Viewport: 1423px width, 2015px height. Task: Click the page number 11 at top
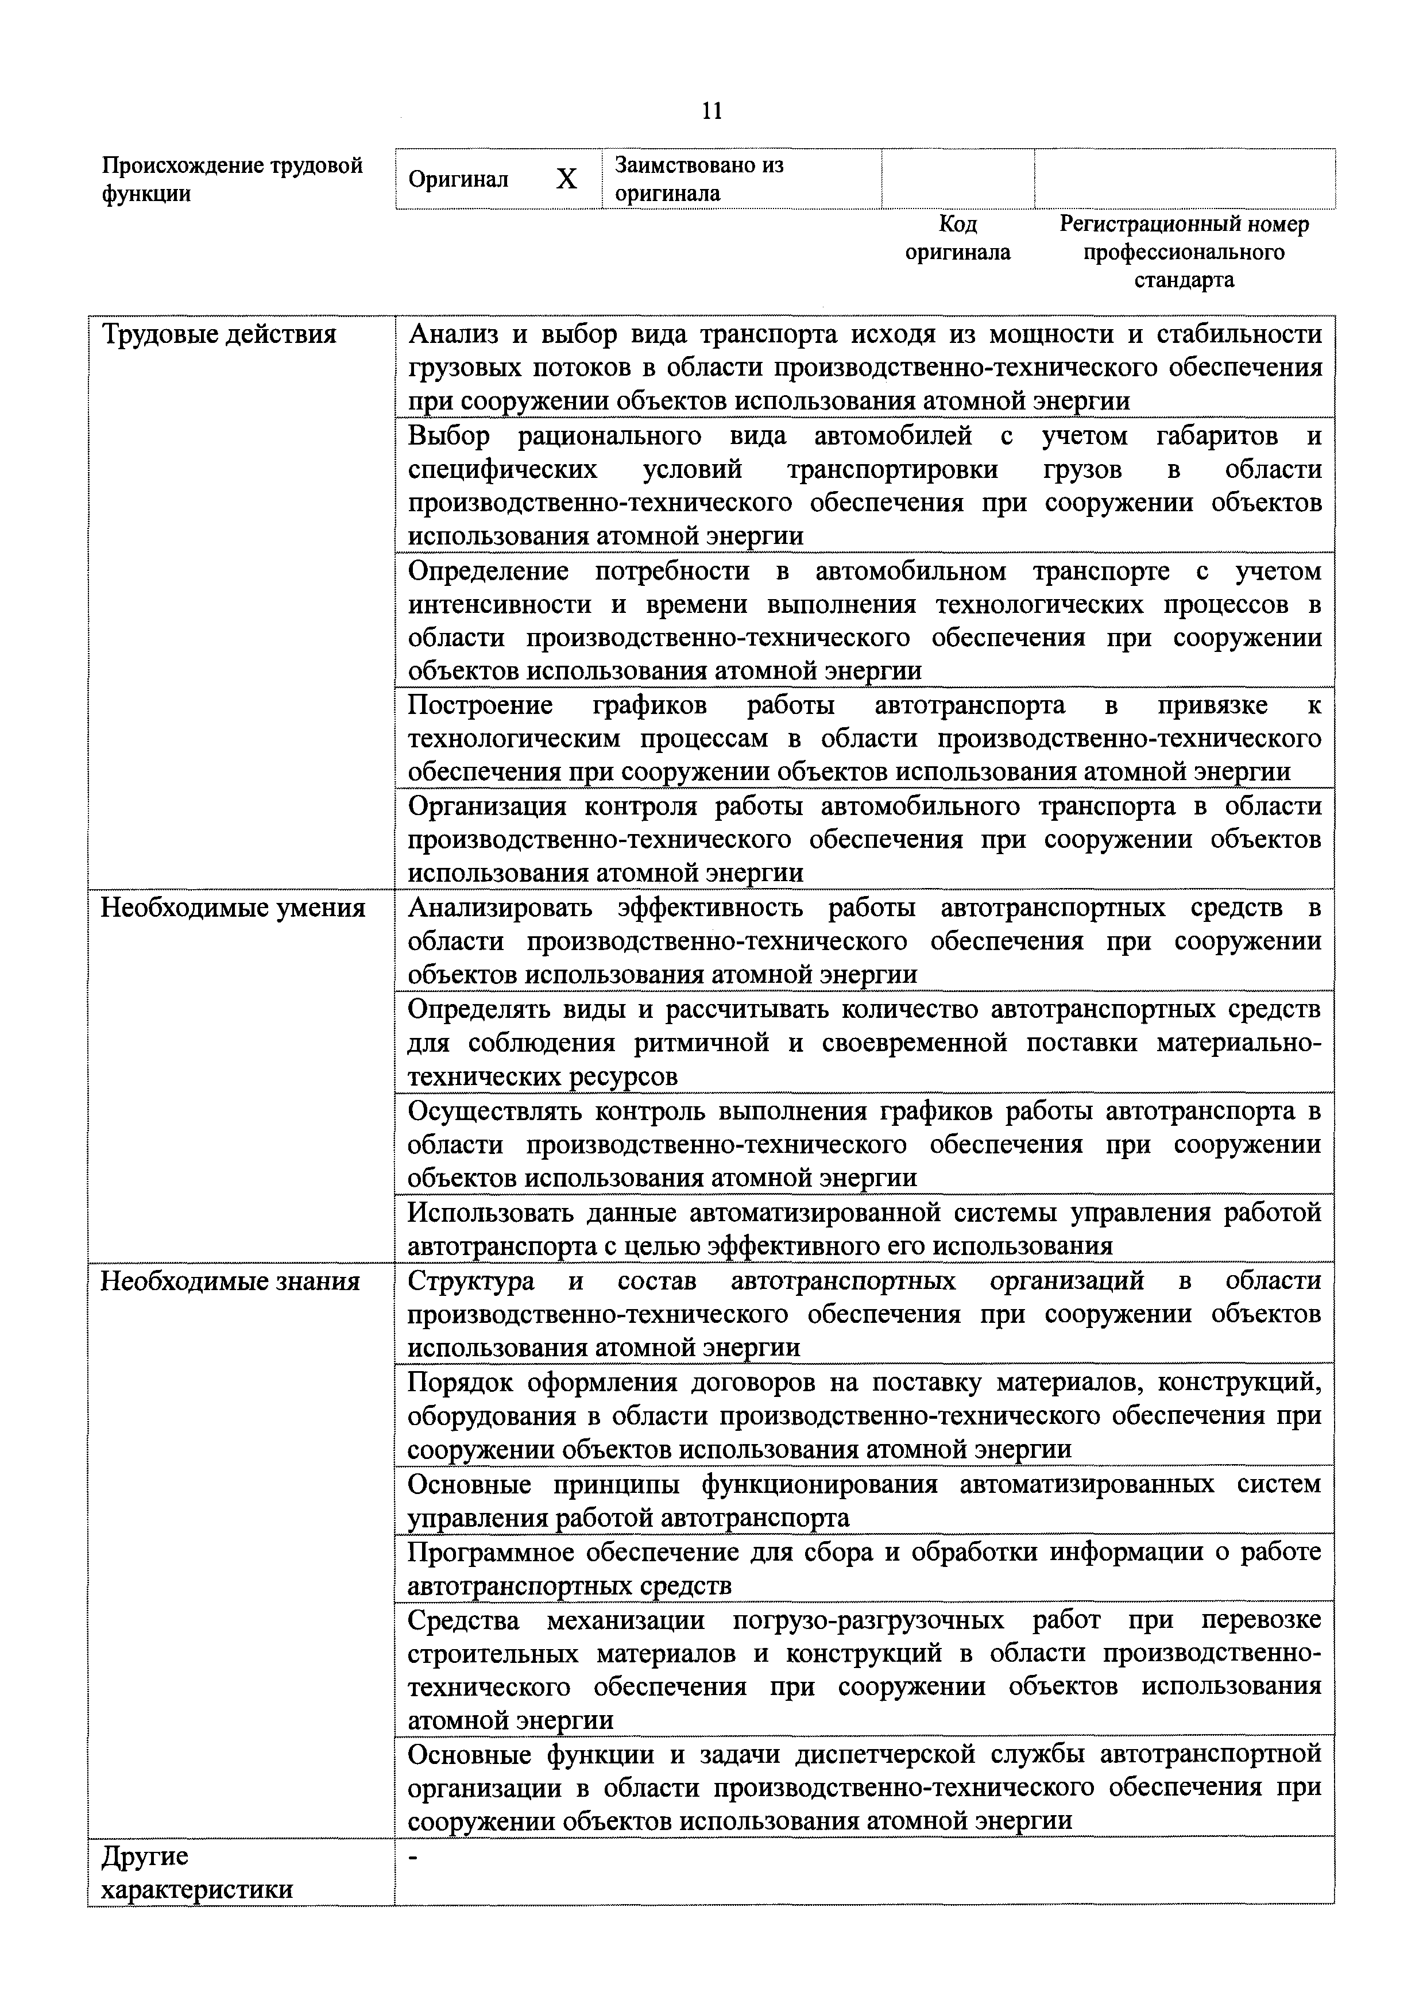click(711, 111)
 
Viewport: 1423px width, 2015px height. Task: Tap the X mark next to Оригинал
click(567, 179)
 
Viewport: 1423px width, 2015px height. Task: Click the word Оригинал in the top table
click(458, 180)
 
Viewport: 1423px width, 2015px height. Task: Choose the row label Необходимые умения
click(233, 908)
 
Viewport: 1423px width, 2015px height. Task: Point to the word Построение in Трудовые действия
click(480, 705)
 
